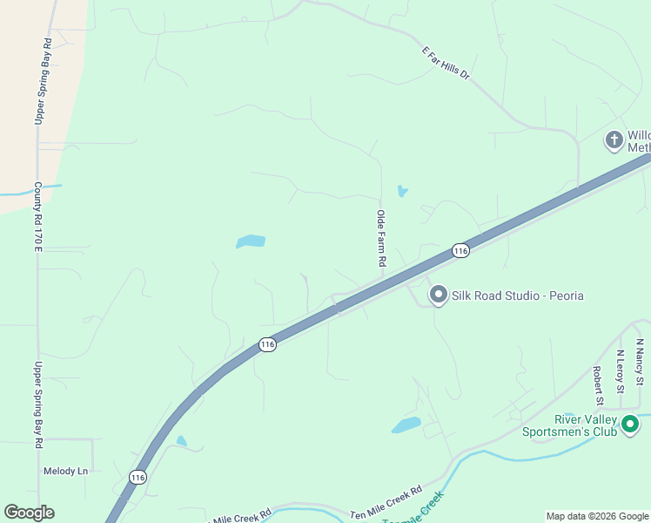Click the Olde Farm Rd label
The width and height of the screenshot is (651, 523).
380,238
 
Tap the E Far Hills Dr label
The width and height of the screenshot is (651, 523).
446,64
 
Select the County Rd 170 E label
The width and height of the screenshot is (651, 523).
38,217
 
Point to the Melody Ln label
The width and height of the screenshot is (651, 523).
66,472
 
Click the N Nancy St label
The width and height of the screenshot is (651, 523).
639,363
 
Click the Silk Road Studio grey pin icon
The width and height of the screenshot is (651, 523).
438,295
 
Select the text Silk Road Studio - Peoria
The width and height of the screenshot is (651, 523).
517,296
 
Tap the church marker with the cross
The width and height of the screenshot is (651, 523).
614,139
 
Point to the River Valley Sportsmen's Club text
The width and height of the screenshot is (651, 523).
568,425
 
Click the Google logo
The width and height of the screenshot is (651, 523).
29,513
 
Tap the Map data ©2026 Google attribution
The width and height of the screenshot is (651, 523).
597,516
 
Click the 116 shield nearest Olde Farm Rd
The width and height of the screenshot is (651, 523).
460,251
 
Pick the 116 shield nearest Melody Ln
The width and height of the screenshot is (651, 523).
137,477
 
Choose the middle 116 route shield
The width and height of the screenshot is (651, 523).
267,345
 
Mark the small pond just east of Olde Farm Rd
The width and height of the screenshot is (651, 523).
402,191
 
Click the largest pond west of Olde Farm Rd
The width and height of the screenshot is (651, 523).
251,241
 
